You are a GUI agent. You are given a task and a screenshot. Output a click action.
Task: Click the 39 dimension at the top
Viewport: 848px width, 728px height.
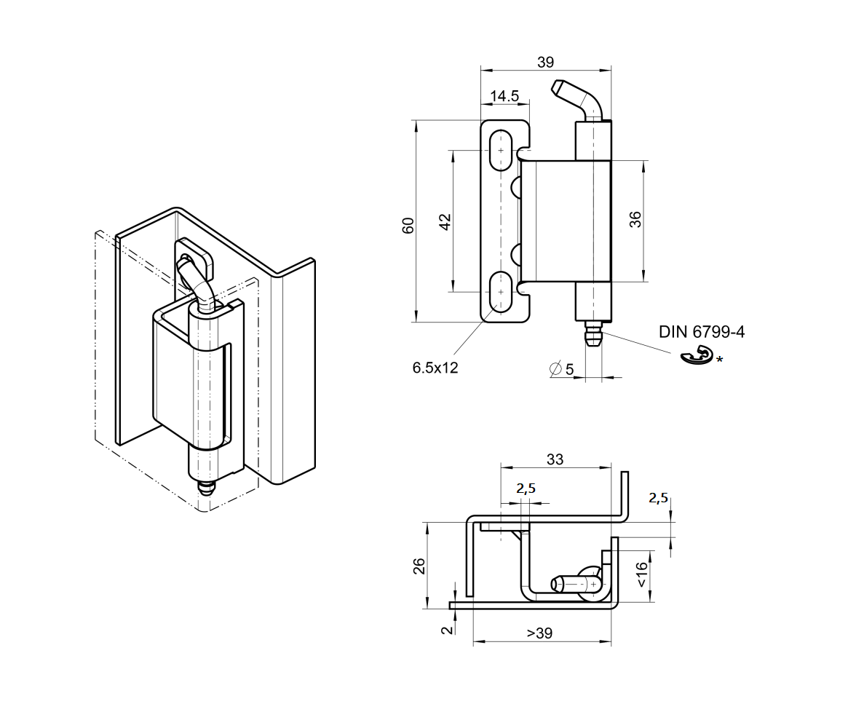pyautogui.click(x=545, y=62)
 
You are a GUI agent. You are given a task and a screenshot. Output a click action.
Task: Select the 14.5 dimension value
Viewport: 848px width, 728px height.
pyautogui.click(x=504, y=96)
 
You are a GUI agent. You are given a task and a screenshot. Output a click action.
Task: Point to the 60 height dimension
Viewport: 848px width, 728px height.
pyautogui.click(x=408, y=225)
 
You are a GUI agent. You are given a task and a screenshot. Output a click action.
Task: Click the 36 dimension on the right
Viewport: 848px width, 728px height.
pyautogui.click(x=635, y=220)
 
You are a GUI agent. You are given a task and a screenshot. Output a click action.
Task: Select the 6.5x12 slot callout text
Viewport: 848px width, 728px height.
pyautogui.click(x=435, y=368)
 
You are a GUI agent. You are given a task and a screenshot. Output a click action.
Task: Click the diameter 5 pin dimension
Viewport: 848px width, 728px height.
pyautogui.click(x=562, y=370)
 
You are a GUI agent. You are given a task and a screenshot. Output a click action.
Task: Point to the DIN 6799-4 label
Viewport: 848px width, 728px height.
pyautogui.click(x=702, y=332)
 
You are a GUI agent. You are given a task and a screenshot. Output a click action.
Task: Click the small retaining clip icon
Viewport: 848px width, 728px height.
pyautogui.click(x=695, y=356)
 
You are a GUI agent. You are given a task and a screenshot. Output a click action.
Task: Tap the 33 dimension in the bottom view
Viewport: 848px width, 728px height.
pyautogui.click(x=555, y=459)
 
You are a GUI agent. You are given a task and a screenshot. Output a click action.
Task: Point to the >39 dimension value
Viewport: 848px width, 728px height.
pyautogui.click(x=539, y=633)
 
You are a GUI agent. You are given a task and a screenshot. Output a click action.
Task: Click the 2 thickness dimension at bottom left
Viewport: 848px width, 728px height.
pyautogui.click(x=446, y=628)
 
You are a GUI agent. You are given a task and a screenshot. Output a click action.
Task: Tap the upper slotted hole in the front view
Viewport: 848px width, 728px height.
pyautogui.click(x=499, y=151)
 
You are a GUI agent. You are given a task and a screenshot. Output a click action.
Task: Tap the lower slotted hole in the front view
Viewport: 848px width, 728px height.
pyautogui.click(x=499, y=291)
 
